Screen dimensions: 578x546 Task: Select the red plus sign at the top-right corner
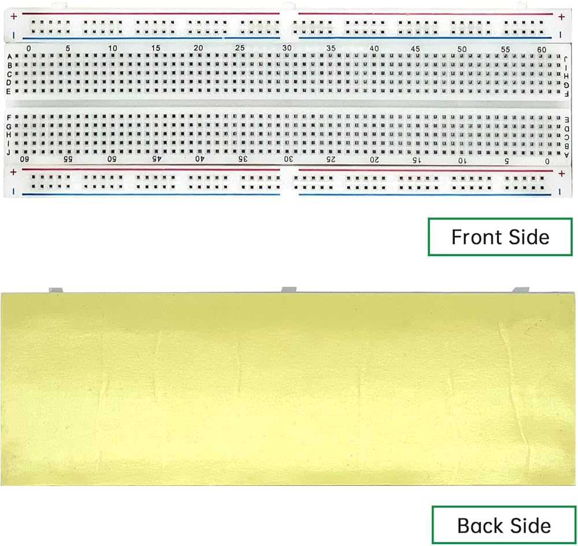pyautogui.click(x=561, y=17)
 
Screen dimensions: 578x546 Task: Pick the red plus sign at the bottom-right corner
pyautogui.click(x=561, y=172)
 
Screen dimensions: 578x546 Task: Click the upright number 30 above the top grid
pyautogui.click(x=286, y=49)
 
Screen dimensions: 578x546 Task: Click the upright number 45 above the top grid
pyautogui.click(x=416, y=49)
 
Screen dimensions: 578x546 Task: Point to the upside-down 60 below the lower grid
pyautogui.click(x=25, y=158)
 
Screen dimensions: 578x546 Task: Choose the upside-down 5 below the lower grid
pyautogui.click(x=507, y=160)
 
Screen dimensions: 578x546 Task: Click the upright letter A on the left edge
pyautogui.click(x=9, y=57)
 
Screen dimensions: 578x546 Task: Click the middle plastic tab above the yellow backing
pyautogui.click(x=288, y=289)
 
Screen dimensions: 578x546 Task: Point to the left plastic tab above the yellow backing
pyautogui.click(x=55, y=289)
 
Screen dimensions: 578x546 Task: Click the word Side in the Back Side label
pyautogui.click(x=528, y=526)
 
